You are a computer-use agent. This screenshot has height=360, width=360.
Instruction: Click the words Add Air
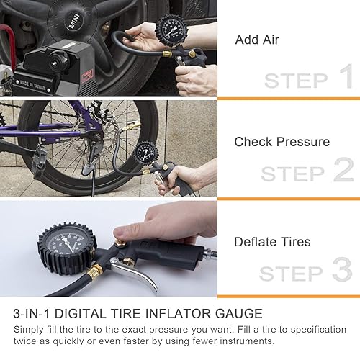pyautogui.click(x=257, y=40)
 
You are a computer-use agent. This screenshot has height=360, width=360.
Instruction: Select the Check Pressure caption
pyautogui.click(x=282, y=142)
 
